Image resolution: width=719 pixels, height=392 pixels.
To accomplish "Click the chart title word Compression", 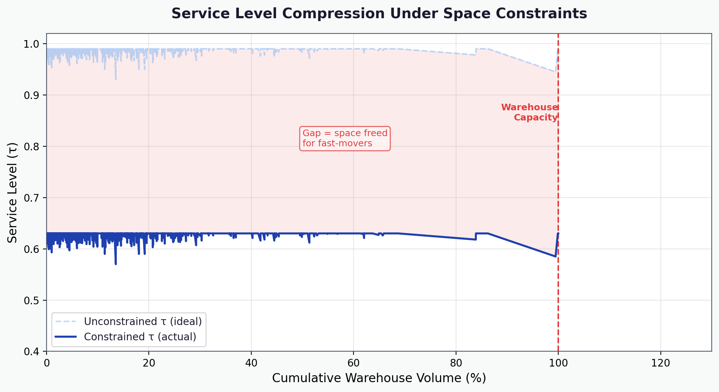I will point(333,14).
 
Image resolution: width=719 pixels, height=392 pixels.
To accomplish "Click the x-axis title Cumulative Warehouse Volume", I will point(379,378).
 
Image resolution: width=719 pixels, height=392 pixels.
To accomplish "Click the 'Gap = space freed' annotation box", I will point(345,138).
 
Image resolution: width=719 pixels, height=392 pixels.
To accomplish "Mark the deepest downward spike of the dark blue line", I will point(116,264).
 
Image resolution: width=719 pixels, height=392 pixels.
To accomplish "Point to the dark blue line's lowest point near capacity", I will point(555,257).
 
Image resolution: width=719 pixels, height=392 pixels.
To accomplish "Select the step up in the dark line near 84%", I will point(476,236).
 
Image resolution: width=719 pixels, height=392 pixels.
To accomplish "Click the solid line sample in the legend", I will point(65,337).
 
